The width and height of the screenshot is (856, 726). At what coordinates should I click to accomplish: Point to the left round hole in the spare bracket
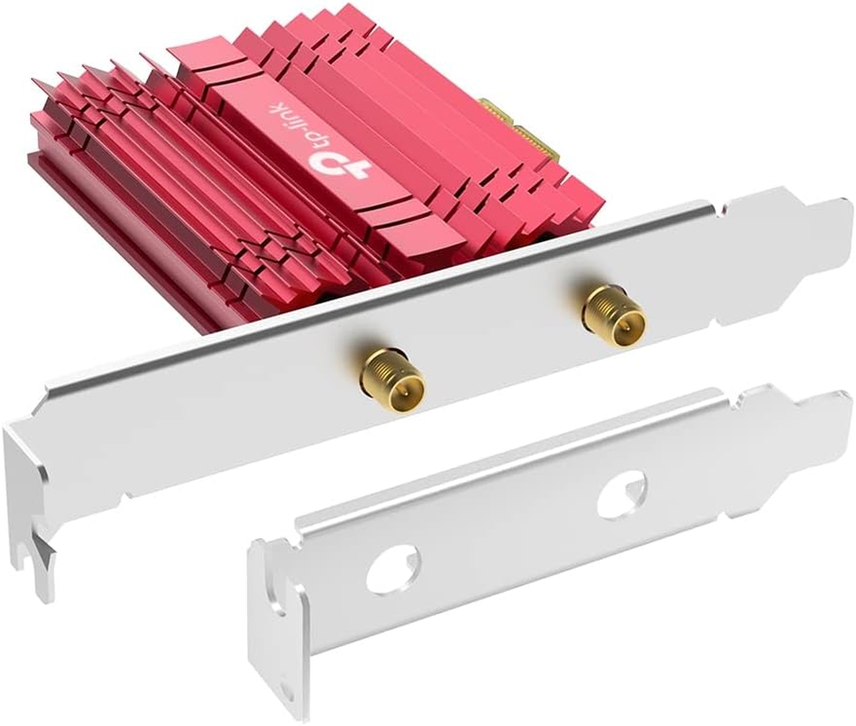click(388, 569)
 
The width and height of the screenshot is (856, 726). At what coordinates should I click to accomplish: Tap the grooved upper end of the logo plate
click(204, 64)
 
